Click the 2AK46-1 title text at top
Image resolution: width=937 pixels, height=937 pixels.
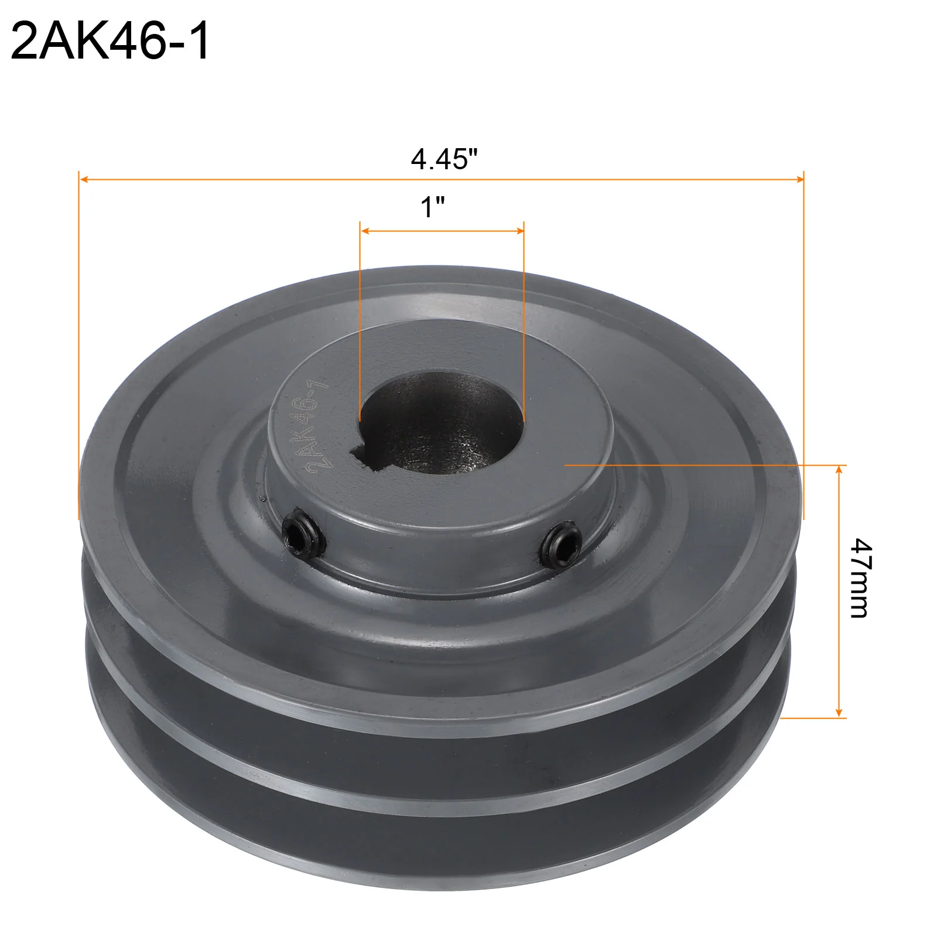[110, 41]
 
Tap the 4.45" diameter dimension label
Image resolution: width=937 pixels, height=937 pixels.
[444, 159]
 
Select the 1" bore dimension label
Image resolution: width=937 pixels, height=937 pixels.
[433, 207]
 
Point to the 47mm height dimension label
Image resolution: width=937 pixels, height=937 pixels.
[860, 578]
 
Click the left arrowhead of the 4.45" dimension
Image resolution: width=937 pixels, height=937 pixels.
[84, 179]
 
